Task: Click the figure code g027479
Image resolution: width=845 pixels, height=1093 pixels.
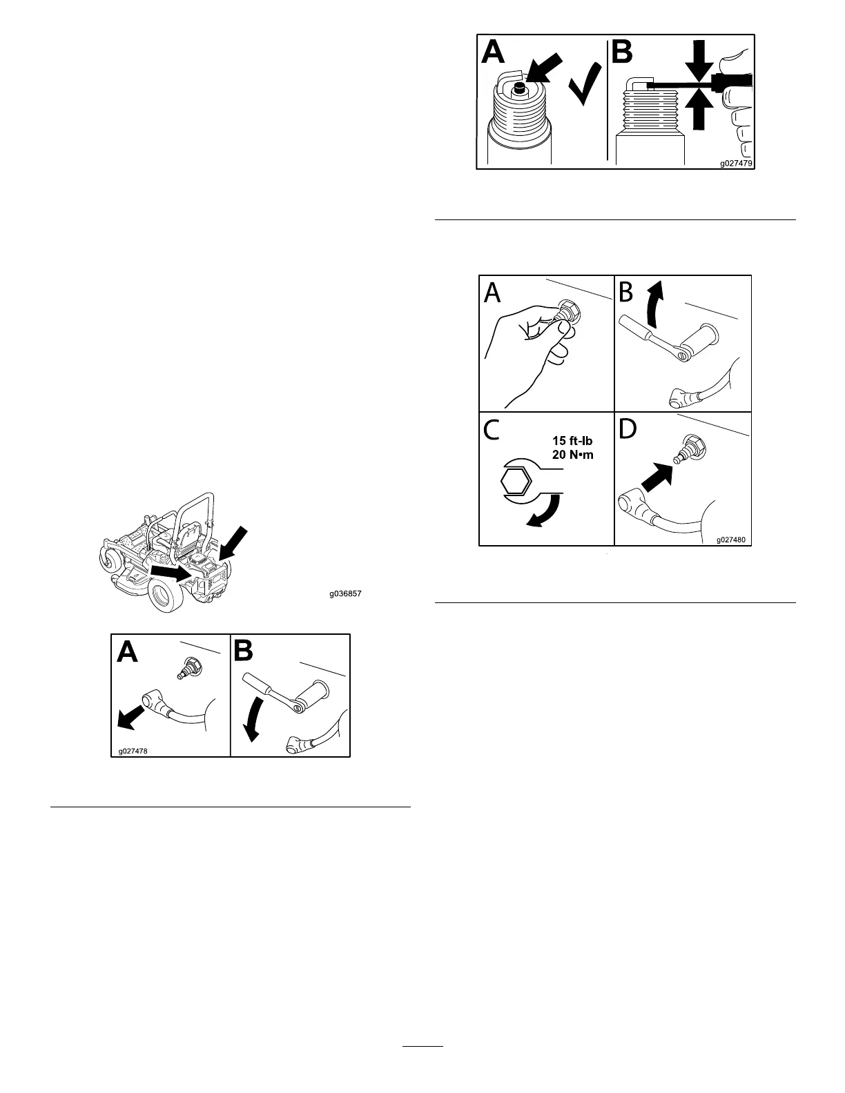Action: coord(736,164)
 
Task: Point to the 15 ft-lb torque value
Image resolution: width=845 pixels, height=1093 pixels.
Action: coord(572,441)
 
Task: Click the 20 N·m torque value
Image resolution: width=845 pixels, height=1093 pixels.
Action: coord(572,455)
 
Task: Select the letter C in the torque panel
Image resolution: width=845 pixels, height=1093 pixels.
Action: coord(493,431)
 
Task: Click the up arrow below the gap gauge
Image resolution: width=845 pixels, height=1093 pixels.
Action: coord(699,110)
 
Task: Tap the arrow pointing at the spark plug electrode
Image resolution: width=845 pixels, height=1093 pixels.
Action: coord(547,70)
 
